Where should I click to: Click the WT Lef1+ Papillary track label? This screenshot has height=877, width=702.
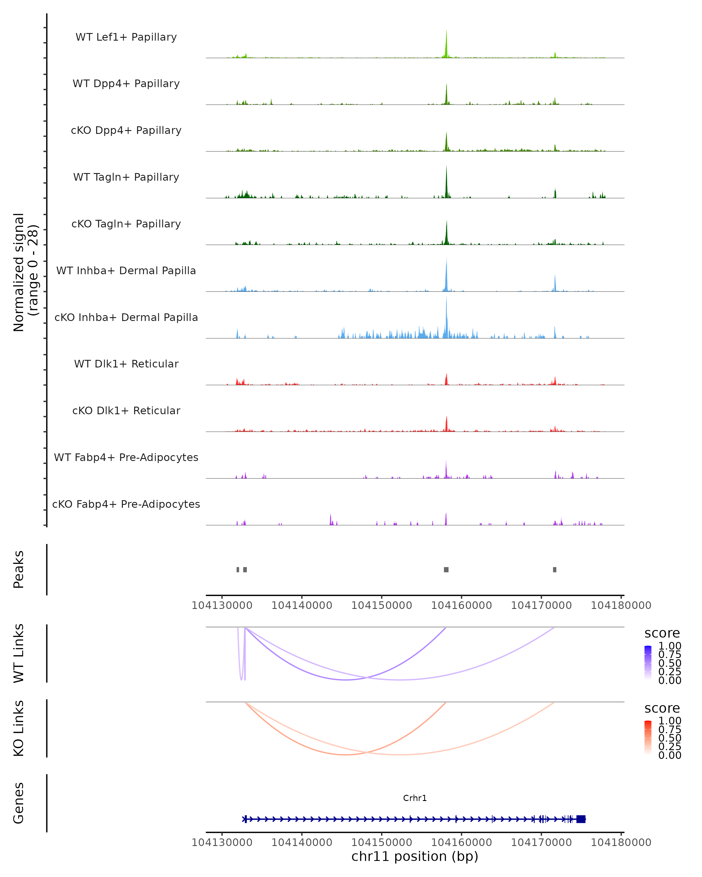[126, 37]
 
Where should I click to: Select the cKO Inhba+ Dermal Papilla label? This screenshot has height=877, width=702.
[126, 317]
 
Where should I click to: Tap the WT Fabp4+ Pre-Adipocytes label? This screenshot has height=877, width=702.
[126, 457]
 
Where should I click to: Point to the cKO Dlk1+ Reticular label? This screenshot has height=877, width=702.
[126, 410]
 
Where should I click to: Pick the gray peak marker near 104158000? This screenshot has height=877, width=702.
[446, 569]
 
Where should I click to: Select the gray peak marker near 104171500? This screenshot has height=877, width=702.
[555, 569]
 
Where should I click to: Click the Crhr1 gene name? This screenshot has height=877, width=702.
[415, 798]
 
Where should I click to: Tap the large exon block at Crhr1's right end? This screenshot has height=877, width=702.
[581, 819]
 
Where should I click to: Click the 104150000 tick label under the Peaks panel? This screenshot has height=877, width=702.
[381, 605]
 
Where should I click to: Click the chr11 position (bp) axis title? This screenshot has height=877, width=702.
[415, 856]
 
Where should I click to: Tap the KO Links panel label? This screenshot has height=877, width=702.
[19, 728]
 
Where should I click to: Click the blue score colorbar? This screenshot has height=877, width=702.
[648, 662]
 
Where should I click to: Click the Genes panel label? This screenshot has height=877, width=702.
[19, 803]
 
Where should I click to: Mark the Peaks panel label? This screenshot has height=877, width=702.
[19, 569]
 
